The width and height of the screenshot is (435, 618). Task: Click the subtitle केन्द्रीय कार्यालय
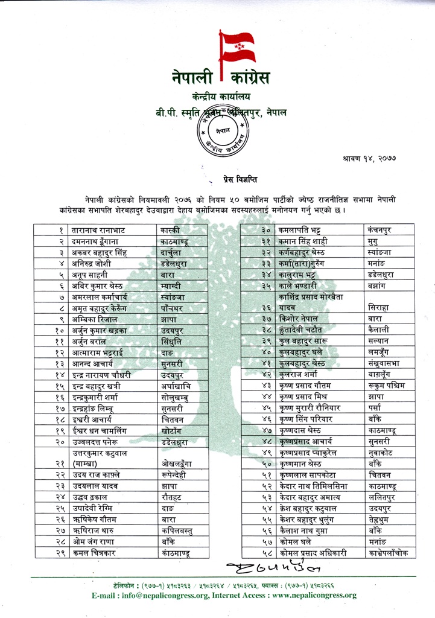220,97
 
